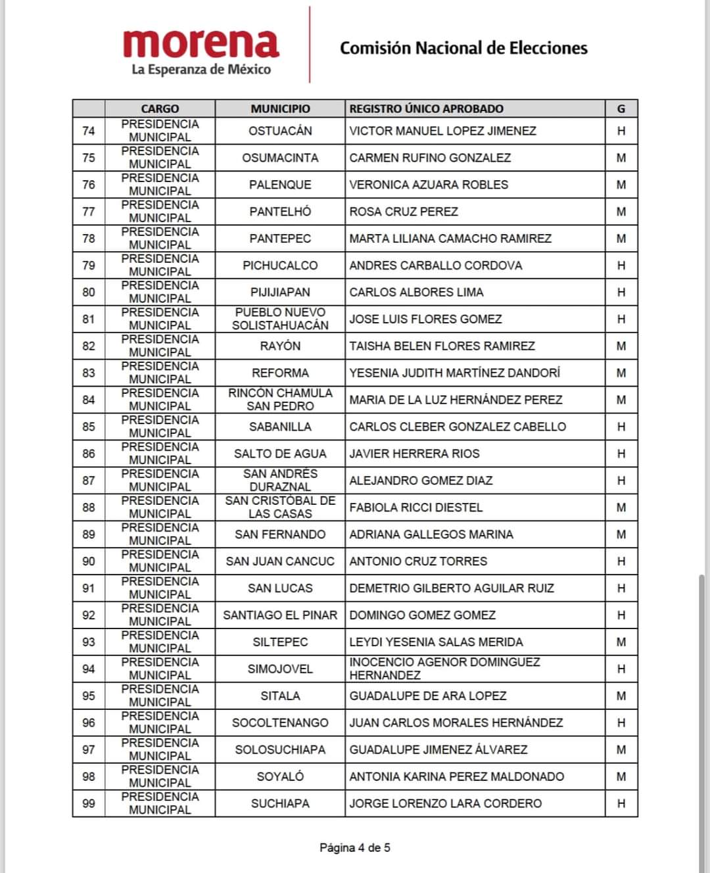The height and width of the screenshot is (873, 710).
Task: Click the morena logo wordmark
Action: coord(201,44)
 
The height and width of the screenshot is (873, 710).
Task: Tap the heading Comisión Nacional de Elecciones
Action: coord(463,48)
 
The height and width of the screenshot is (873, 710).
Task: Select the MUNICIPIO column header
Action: coord(280,109)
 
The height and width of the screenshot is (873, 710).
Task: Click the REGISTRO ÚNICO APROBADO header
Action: coord(426,109)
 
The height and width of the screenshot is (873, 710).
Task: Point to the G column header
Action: coord(621,109)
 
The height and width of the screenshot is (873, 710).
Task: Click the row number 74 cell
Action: coord(89,131)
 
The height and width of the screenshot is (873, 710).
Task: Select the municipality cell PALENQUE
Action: coord(280,185)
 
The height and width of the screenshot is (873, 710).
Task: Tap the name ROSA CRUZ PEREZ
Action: coord(404,212)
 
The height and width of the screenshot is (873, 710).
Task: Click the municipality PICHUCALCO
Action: coord(280,266)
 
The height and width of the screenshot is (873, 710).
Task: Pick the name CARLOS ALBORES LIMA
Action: coord(416,293)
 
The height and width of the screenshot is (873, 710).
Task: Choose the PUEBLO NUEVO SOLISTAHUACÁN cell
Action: coord(280,319)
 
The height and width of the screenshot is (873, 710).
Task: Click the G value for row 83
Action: coord(621,373)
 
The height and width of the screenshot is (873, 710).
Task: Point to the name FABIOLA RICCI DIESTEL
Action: coord(415,507)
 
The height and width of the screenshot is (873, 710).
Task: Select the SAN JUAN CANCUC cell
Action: coord(280,561)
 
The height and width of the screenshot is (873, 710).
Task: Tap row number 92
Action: coord(89,615)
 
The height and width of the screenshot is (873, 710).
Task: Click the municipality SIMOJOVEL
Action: coord(280,669)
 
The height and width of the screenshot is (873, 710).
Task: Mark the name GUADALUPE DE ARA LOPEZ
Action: coord(428,696)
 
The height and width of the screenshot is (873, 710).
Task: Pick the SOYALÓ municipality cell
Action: coord(280,776)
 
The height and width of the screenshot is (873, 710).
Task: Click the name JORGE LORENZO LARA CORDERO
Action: coord(446,803)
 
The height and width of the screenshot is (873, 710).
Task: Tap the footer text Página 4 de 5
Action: coord(355,847)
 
